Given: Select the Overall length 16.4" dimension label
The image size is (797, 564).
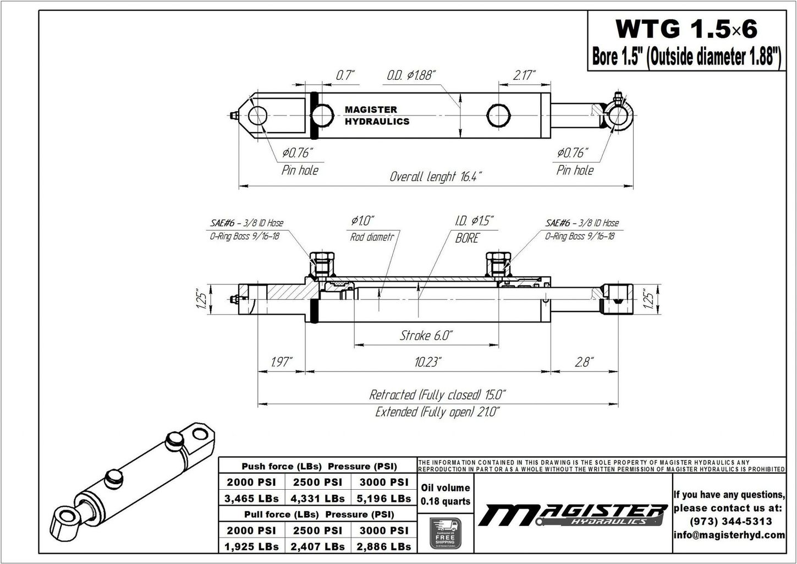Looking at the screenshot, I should click(436, 177).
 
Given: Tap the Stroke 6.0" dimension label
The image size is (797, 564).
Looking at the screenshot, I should click(426, 335).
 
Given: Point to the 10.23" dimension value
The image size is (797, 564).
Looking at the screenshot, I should click(428, 362).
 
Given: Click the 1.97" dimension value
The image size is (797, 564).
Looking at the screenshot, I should click(281, 362).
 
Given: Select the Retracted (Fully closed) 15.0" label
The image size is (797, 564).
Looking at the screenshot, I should click(437, 395).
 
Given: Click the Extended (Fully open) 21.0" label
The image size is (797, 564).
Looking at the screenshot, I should click(437, 412).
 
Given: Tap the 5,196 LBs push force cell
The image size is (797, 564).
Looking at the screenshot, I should click(384, 499).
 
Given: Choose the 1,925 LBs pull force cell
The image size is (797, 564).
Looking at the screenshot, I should click(251, 546).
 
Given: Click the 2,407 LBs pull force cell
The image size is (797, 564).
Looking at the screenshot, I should click(318, 546).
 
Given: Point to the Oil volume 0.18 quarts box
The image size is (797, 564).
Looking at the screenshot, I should click(445, 494).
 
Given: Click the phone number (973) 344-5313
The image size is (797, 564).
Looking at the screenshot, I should click(729, 521).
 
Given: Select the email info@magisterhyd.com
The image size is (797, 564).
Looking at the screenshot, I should click(729, 535).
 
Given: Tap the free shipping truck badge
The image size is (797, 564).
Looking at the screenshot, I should click(445, 533).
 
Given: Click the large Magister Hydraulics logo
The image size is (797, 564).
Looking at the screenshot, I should click(572, 515).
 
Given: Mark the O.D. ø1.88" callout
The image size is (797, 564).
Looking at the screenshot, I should click(411, 75).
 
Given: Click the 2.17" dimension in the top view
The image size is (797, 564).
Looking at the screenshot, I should click(524, 75).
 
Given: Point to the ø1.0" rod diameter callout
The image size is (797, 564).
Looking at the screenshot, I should click(362, 221).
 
